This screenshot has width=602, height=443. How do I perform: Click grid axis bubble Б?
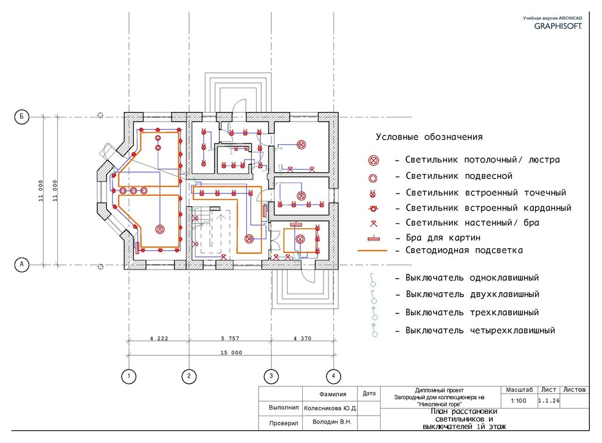21,116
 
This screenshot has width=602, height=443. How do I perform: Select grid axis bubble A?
21,265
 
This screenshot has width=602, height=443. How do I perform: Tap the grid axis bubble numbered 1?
129,376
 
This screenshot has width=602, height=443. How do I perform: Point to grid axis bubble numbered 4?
333,376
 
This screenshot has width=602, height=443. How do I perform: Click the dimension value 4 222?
159,338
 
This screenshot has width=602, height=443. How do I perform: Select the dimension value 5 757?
230,338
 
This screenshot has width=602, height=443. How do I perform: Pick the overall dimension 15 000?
231,353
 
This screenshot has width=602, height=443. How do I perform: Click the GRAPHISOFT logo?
558,26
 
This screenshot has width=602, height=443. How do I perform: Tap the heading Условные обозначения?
429,137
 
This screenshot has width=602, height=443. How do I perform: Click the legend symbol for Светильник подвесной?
373,178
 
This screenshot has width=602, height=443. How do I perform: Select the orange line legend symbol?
372,251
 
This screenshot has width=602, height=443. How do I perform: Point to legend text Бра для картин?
443,237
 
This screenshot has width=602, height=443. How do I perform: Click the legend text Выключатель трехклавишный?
472,312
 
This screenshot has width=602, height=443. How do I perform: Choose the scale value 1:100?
519,401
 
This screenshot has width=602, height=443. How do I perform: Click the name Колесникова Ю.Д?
330,408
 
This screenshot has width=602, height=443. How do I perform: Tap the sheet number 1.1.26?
548,401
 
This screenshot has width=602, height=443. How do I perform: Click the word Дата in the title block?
369,394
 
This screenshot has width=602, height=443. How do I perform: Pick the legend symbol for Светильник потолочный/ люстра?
373,160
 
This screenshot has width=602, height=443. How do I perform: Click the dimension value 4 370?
302,338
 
